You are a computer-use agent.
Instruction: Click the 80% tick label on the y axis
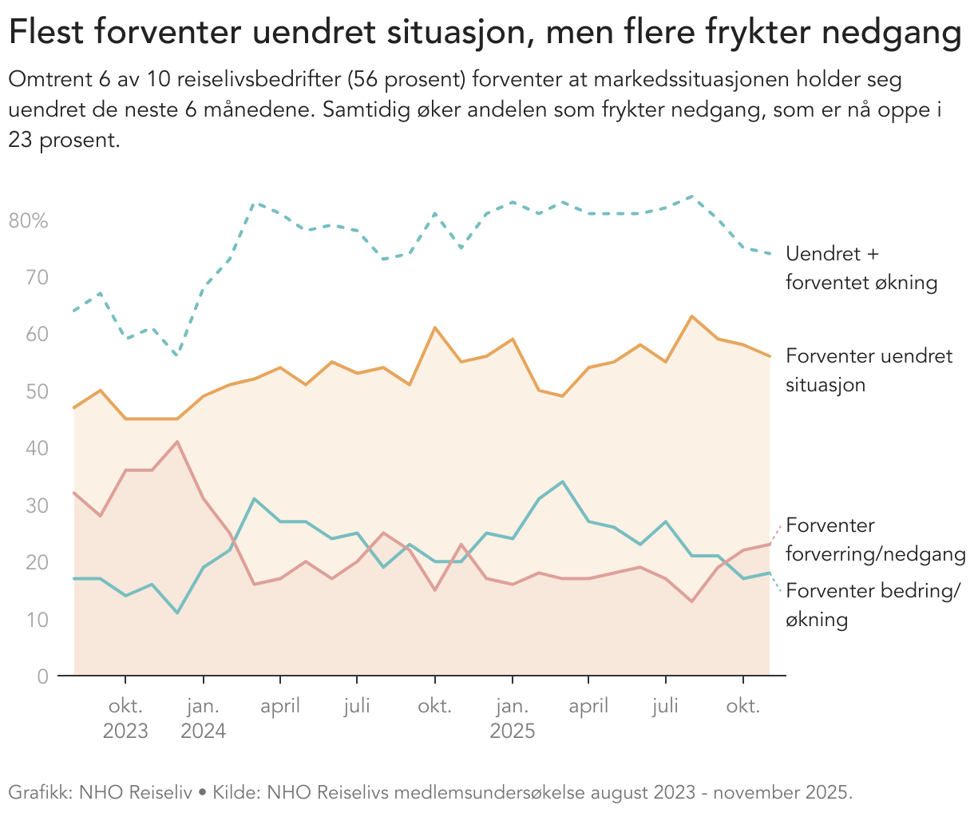[29, 221]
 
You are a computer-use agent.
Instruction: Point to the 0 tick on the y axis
[42, 676]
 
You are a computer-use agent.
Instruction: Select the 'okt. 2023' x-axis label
[125, 719]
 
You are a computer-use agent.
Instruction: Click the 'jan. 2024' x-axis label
[204, 719]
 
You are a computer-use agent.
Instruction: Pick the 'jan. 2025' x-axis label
[512, 719]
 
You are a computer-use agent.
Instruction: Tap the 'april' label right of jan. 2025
[588, 707]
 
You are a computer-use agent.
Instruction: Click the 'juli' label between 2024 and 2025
[357, 707]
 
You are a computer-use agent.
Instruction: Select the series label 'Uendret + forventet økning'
[861, 268]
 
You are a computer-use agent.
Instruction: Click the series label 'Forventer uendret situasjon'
[869, 370]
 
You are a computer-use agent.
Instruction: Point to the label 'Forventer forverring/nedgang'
[875, 540]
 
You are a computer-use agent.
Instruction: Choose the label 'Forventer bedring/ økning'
[873, 605]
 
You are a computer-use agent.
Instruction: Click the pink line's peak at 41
[177, 442]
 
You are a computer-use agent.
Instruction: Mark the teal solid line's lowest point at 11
[177, 613]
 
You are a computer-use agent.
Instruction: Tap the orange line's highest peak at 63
[691, 316]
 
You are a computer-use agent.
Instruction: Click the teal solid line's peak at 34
[563, 482]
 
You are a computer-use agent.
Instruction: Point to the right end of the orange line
[769, 356]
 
